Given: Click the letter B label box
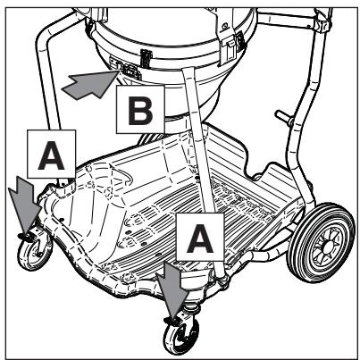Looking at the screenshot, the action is click(140, 109).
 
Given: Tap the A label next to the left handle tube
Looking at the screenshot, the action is click(52, 154).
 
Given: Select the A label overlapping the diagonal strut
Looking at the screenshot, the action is click(200, 238).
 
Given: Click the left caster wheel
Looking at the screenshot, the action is click(35, 252).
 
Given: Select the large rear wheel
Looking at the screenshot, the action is click(321, 243).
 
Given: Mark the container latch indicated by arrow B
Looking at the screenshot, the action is click(129, 71).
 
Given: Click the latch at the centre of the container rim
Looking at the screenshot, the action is click(146, 58).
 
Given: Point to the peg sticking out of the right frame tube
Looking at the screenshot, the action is click(283, 116).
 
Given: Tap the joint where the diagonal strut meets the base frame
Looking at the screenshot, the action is click(222, 280).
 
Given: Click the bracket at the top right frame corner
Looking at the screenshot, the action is click(323, 21).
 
